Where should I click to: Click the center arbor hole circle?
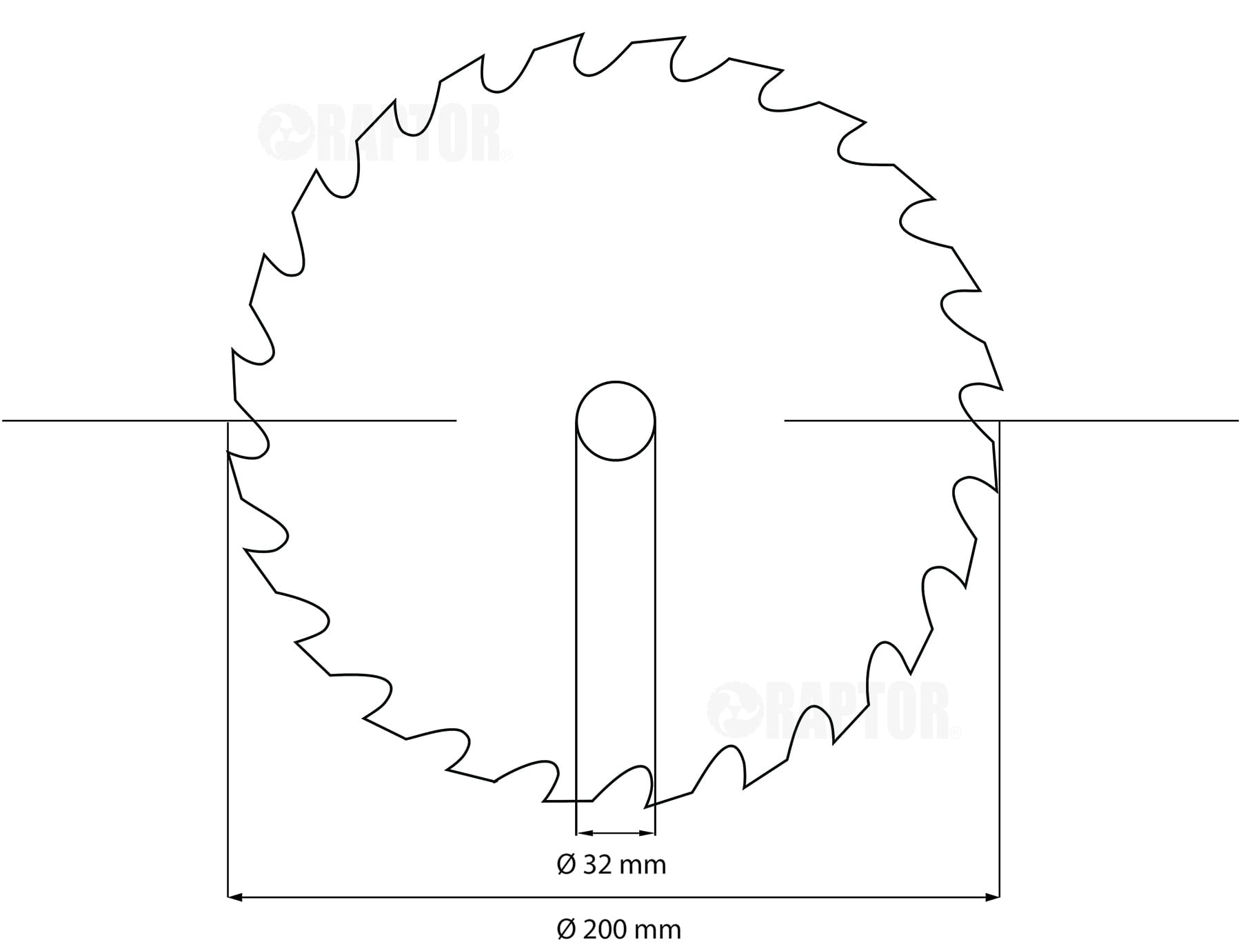[x=616, y=381]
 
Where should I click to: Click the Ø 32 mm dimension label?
[x=612, y=864]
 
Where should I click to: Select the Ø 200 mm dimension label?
[x=618, y=929]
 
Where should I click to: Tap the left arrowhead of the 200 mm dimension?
[x=234, y=897]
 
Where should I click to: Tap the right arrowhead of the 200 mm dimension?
[x=993, y=897]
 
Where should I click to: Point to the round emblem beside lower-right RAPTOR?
[x=735, y=710]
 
